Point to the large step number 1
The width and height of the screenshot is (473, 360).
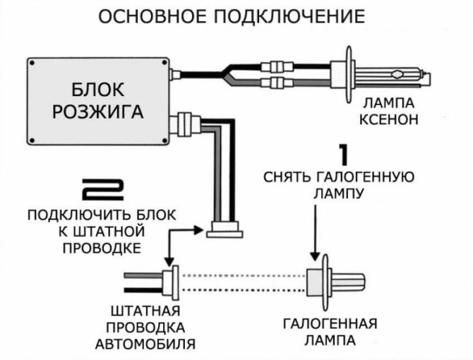[x=343, y=156]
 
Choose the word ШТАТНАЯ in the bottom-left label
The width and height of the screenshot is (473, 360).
[x=145, y=311]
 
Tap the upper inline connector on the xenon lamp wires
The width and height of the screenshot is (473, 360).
[x=275, y=67]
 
